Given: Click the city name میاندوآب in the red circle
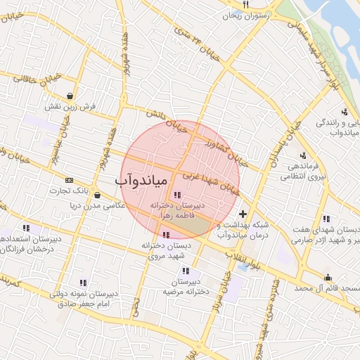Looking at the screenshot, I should pyautogui.click(x=141, y=181).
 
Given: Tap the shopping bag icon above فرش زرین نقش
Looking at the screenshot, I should pyautogui.click(x=71, y=96).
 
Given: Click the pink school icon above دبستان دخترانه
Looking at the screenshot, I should pyautogui.click(x=166, y=235).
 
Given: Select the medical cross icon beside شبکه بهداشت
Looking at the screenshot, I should pyautogui.click(x=243, y=214).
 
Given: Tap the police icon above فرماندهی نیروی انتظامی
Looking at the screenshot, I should pyautogui.click(x=303, y=155).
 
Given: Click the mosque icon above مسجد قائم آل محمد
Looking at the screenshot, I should pyautogui.click(x=328, y=276).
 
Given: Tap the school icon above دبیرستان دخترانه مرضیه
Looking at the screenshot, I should pyautogui.click(x=186, y=271).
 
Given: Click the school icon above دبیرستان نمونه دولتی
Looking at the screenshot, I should pyautogui.click(x=84, y=282).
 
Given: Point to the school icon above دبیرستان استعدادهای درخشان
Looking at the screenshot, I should pyautogui.click(x=26, y=228).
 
